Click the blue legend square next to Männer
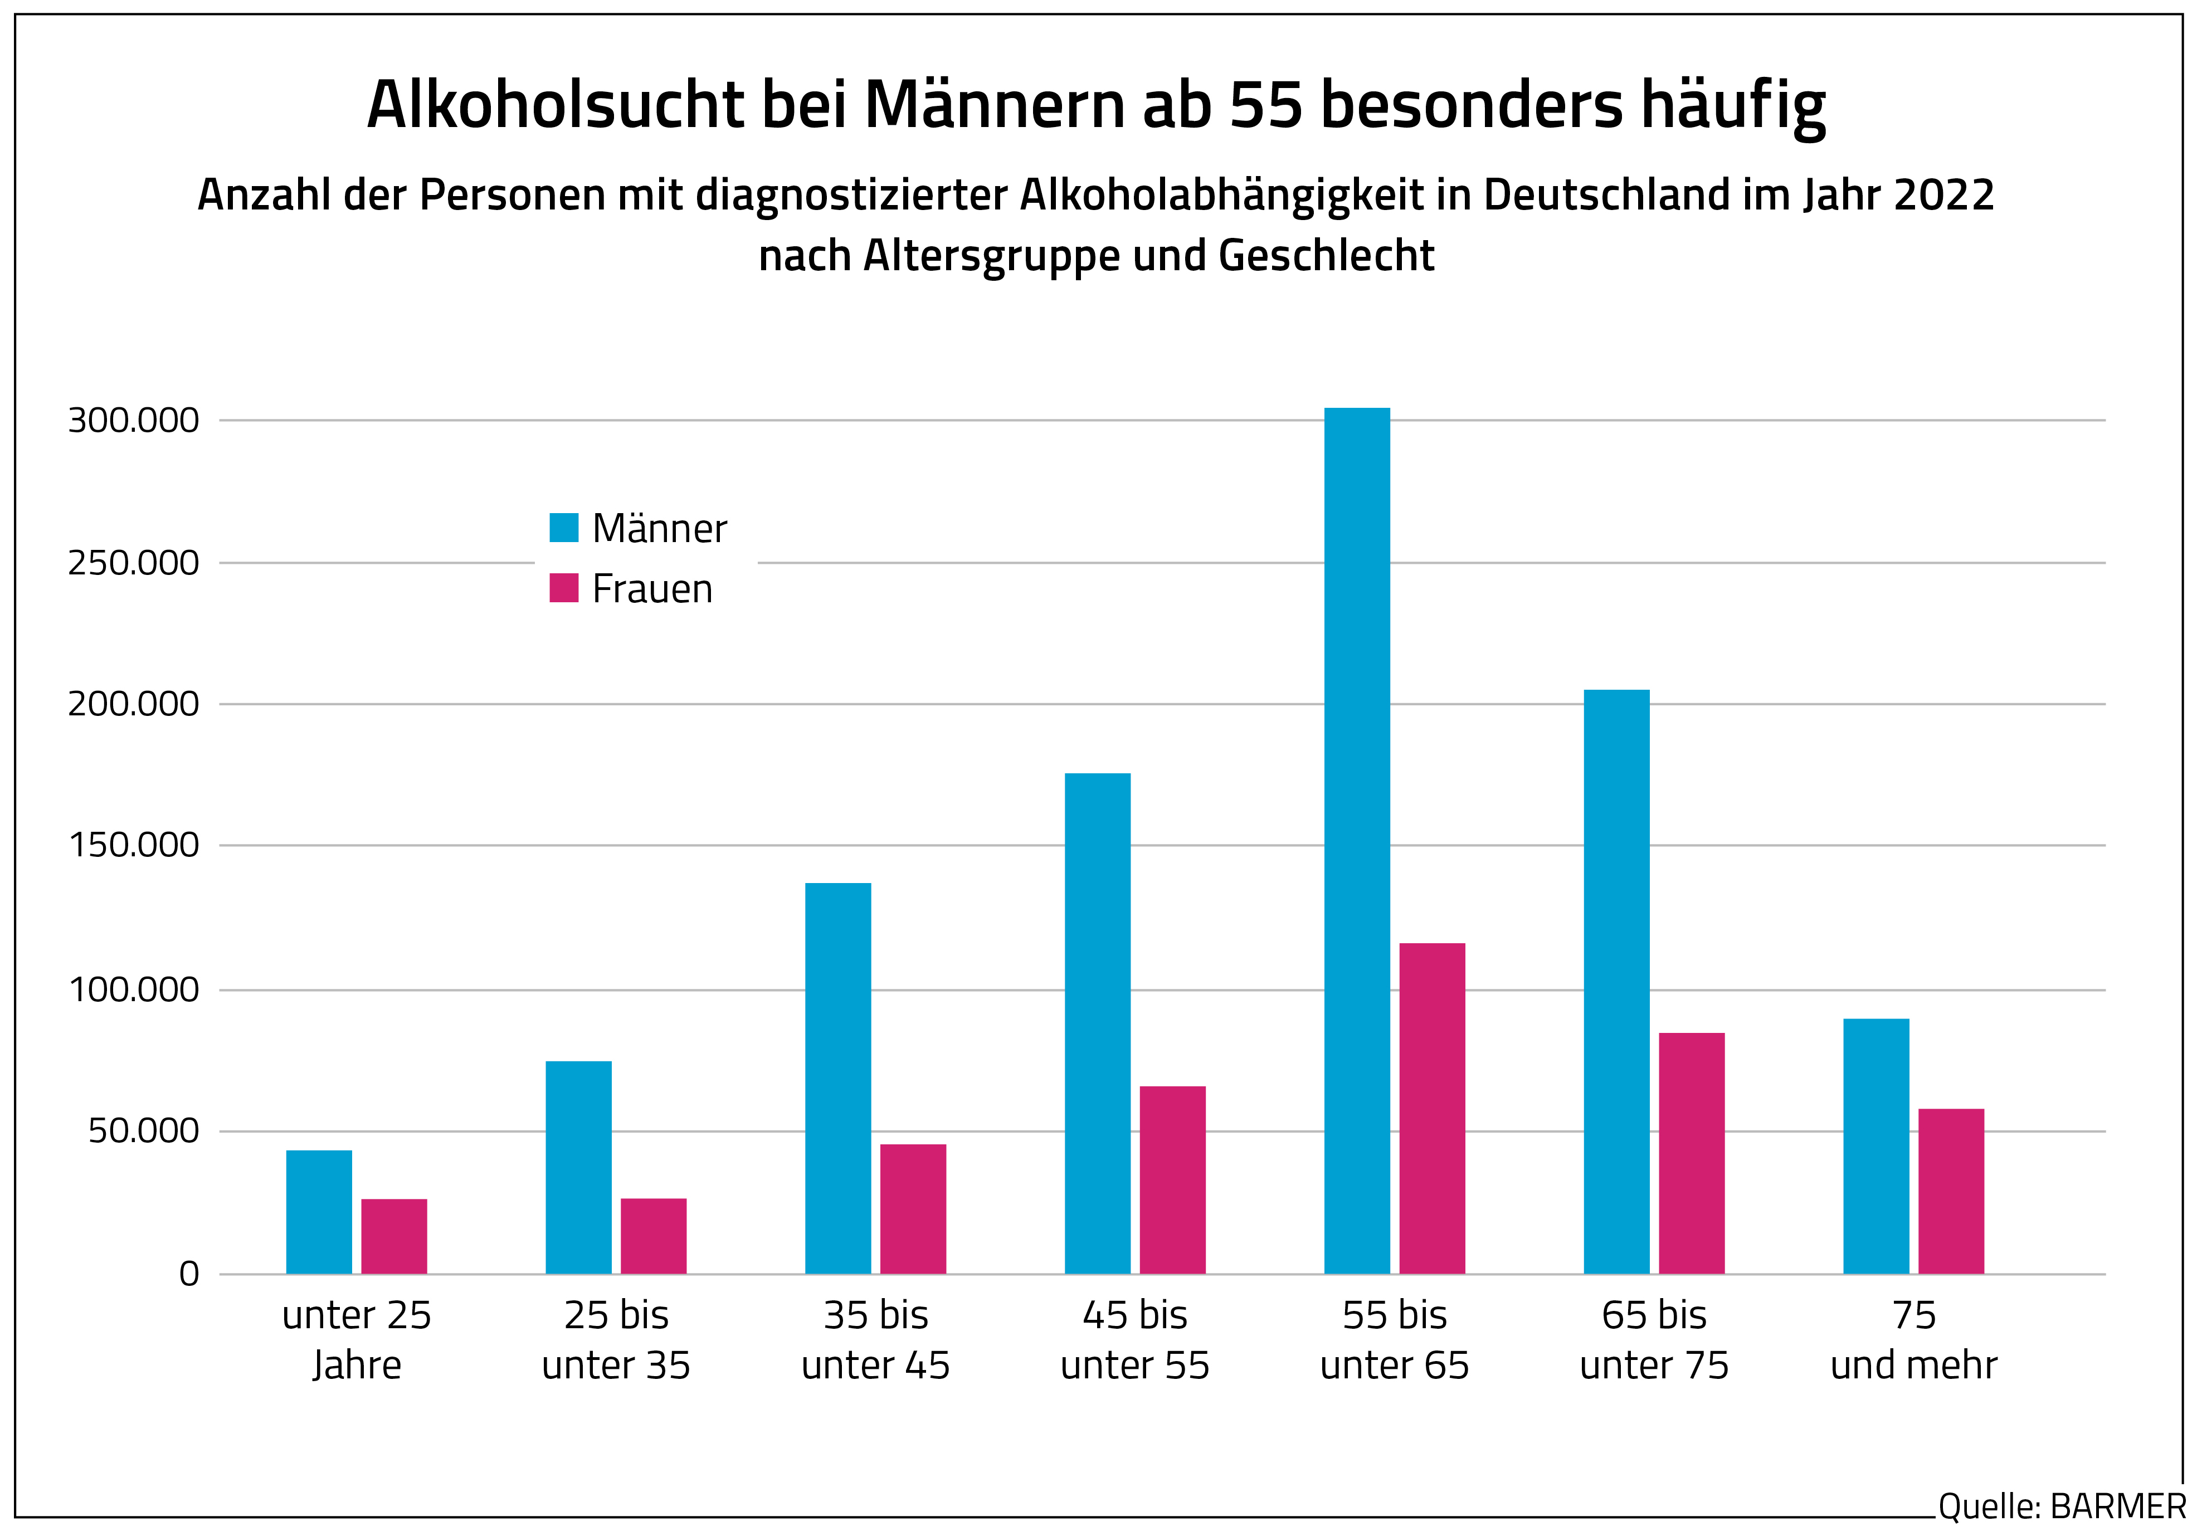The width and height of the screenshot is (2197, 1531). pos(564,527)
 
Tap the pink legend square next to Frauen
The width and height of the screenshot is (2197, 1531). pos(564,588)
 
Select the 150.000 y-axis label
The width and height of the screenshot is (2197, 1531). pos(133,845)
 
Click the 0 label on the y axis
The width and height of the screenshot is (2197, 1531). pos(188,1274)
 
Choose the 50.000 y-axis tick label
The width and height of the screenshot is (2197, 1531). pos(144,1131)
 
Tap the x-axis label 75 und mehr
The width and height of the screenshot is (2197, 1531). pos(1914,1339)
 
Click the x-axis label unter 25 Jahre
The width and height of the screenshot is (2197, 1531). pos(357,1339)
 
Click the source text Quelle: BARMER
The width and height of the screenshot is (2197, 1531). pos(2062,1506)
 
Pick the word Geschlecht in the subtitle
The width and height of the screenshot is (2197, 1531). pos(1326,256)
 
